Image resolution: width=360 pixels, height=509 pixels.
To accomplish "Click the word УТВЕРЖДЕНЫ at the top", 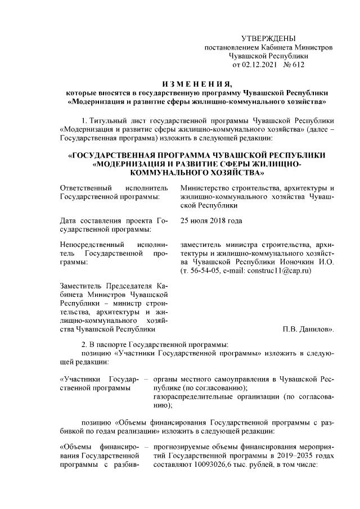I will [x=268, y=38].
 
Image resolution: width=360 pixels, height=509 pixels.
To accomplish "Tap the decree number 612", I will [x=298, y=65].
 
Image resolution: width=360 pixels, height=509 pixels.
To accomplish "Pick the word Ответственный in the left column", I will [x=84, y=187].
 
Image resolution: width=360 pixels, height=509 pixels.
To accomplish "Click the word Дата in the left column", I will [x=68, y=220].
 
